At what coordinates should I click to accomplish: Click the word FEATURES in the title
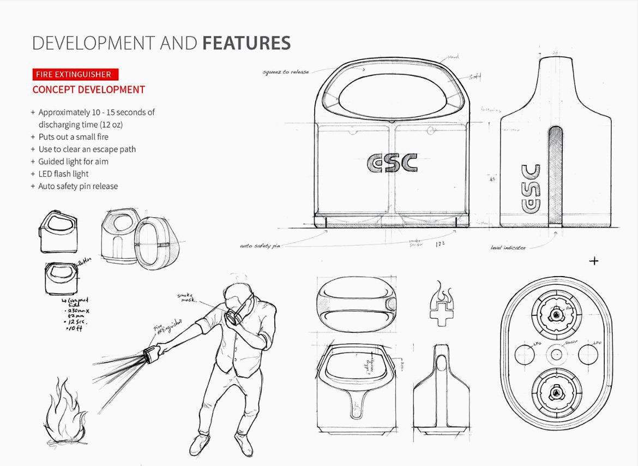[246, 43]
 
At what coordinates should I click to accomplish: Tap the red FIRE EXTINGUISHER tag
[75, 74]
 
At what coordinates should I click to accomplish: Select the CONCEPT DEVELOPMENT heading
[88, 89]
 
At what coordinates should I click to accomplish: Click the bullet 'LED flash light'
[63, 174]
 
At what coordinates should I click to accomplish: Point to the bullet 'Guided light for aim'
[73, 162]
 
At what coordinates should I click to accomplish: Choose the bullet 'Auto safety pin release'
[78, 186]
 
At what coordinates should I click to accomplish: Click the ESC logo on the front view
[392, 163]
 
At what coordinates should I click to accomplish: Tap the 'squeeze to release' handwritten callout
[286, 71]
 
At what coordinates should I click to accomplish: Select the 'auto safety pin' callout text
[260, 247]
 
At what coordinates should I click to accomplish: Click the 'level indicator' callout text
[508, 248]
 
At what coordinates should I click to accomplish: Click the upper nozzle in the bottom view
[556, 315]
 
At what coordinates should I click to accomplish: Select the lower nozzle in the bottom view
[556, 392]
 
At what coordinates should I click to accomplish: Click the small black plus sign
[594, 261]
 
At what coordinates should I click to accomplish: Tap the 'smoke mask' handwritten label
[186, 297]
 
